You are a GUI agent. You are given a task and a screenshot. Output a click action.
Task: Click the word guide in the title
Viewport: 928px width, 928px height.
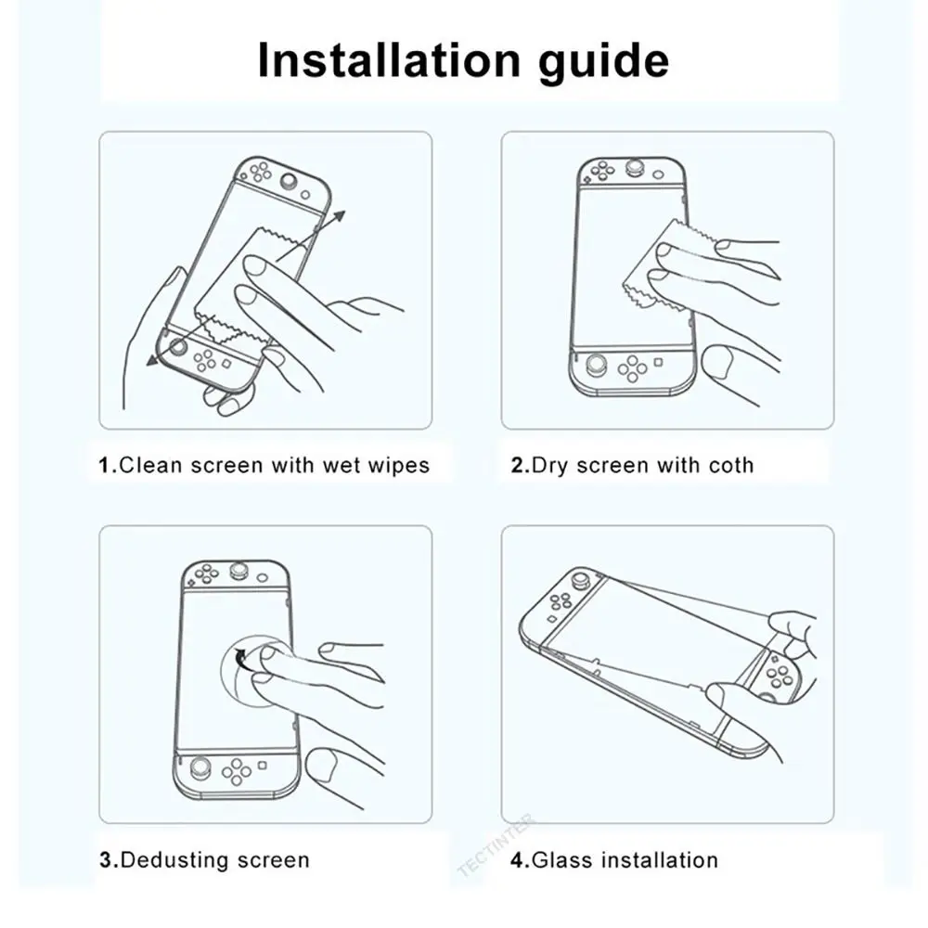point(608,62)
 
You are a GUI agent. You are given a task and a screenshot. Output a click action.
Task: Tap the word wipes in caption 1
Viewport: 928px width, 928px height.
point(401,465)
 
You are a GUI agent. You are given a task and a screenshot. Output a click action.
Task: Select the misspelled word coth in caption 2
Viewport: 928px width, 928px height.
point(731,465)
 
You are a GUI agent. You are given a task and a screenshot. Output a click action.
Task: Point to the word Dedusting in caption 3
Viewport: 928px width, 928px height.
point(177,860)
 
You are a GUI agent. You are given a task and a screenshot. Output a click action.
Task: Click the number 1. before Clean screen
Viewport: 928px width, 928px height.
point(109,465)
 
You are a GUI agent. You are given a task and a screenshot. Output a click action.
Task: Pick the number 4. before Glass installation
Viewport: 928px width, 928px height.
point(520,860)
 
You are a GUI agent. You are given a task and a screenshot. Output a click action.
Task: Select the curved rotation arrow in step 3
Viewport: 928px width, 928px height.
point(243,660)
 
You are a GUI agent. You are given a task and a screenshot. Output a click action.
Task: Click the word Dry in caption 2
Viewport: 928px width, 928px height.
point(550,465)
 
